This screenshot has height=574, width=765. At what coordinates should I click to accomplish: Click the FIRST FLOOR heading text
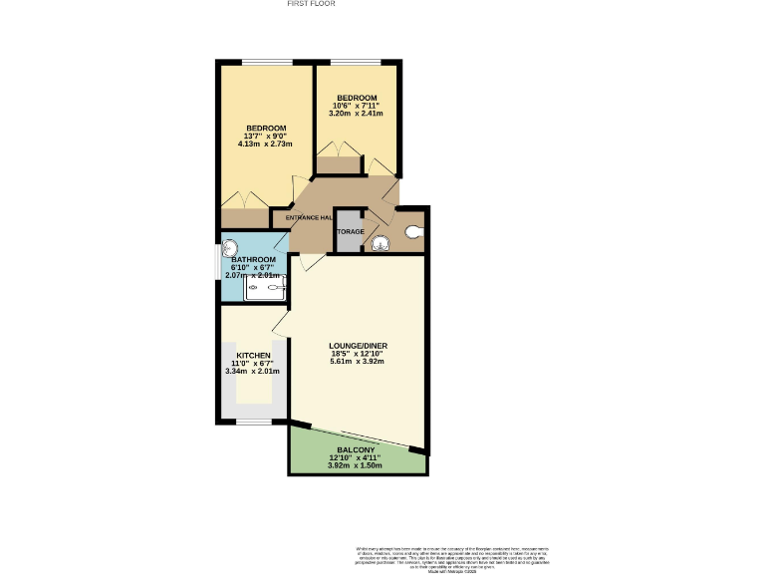tap(311, 4)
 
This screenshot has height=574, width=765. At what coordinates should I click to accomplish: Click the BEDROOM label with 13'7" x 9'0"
tap(266, 128)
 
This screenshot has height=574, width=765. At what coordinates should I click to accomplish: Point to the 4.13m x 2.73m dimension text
tap(266, 144)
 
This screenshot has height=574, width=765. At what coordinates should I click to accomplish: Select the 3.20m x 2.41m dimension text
tap(355, 114)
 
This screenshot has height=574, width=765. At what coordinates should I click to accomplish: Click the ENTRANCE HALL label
tap(309, 217)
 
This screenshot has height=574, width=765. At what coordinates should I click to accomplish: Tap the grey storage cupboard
tap(349, 231)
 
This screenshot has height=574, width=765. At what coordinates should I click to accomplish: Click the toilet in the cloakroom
tap(413, 232)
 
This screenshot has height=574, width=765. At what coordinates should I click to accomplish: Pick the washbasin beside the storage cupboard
tap(380, 242)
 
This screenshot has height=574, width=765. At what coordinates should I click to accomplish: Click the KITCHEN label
tap(253, 355)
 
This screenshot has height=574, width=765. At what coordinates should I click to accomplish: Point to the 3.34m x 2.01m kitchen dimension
tap(253, 371)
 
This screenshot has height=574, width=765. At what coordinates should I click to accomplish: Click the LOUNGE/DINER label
tap(357, 345)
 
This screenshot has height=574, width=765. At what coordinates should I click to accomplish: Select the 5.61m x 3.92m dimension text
tap(357, 361)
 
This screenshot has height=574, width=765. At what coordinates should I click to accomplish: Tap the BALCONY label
tap(356, 450)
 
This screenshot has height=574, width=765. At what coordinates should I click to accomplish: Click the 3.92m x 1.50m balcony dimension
tap(356, 465)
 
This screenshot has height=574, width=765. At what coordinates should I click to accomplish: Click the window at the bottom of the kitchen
tap(254, 421)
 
